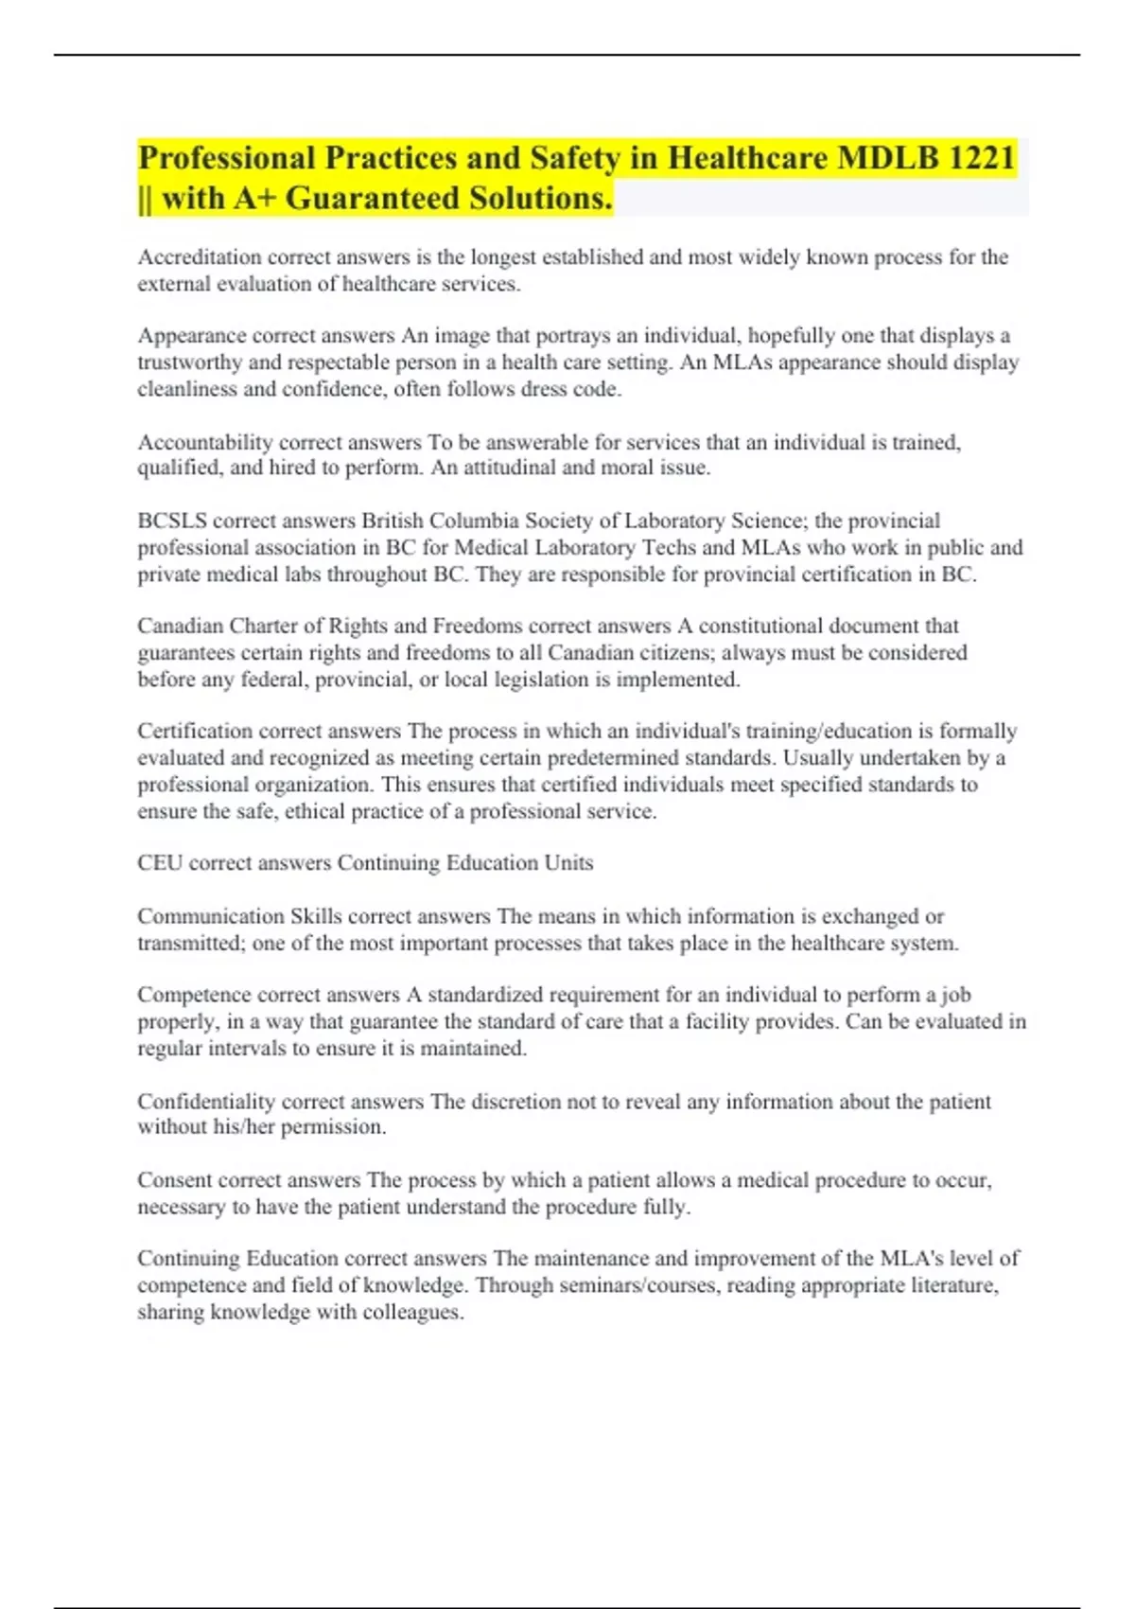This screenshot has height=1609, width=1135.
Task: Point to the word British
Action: click(x=393, y=521)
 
